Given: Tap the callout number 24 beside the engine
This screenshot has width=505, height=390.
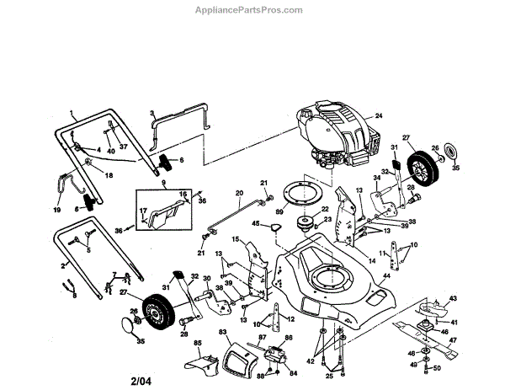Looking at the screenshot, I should click(x=379, y=115).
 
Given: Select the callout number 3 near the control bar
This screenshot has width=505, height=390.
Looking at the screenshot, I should click(x=151, y=112).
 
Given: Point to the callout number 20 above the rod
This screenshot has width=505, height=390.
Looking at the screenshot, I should click(x=239, y=194).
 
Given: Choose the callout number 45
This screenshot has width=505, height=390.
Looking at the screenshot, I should click(x=256, y=223).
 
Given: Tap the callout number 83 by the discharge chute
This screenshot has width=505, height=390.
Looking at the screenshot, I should click(x=224, y=333).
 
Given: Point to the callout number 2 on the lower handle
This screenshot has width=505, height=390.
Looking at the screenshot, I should click(x=63, y=265).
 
